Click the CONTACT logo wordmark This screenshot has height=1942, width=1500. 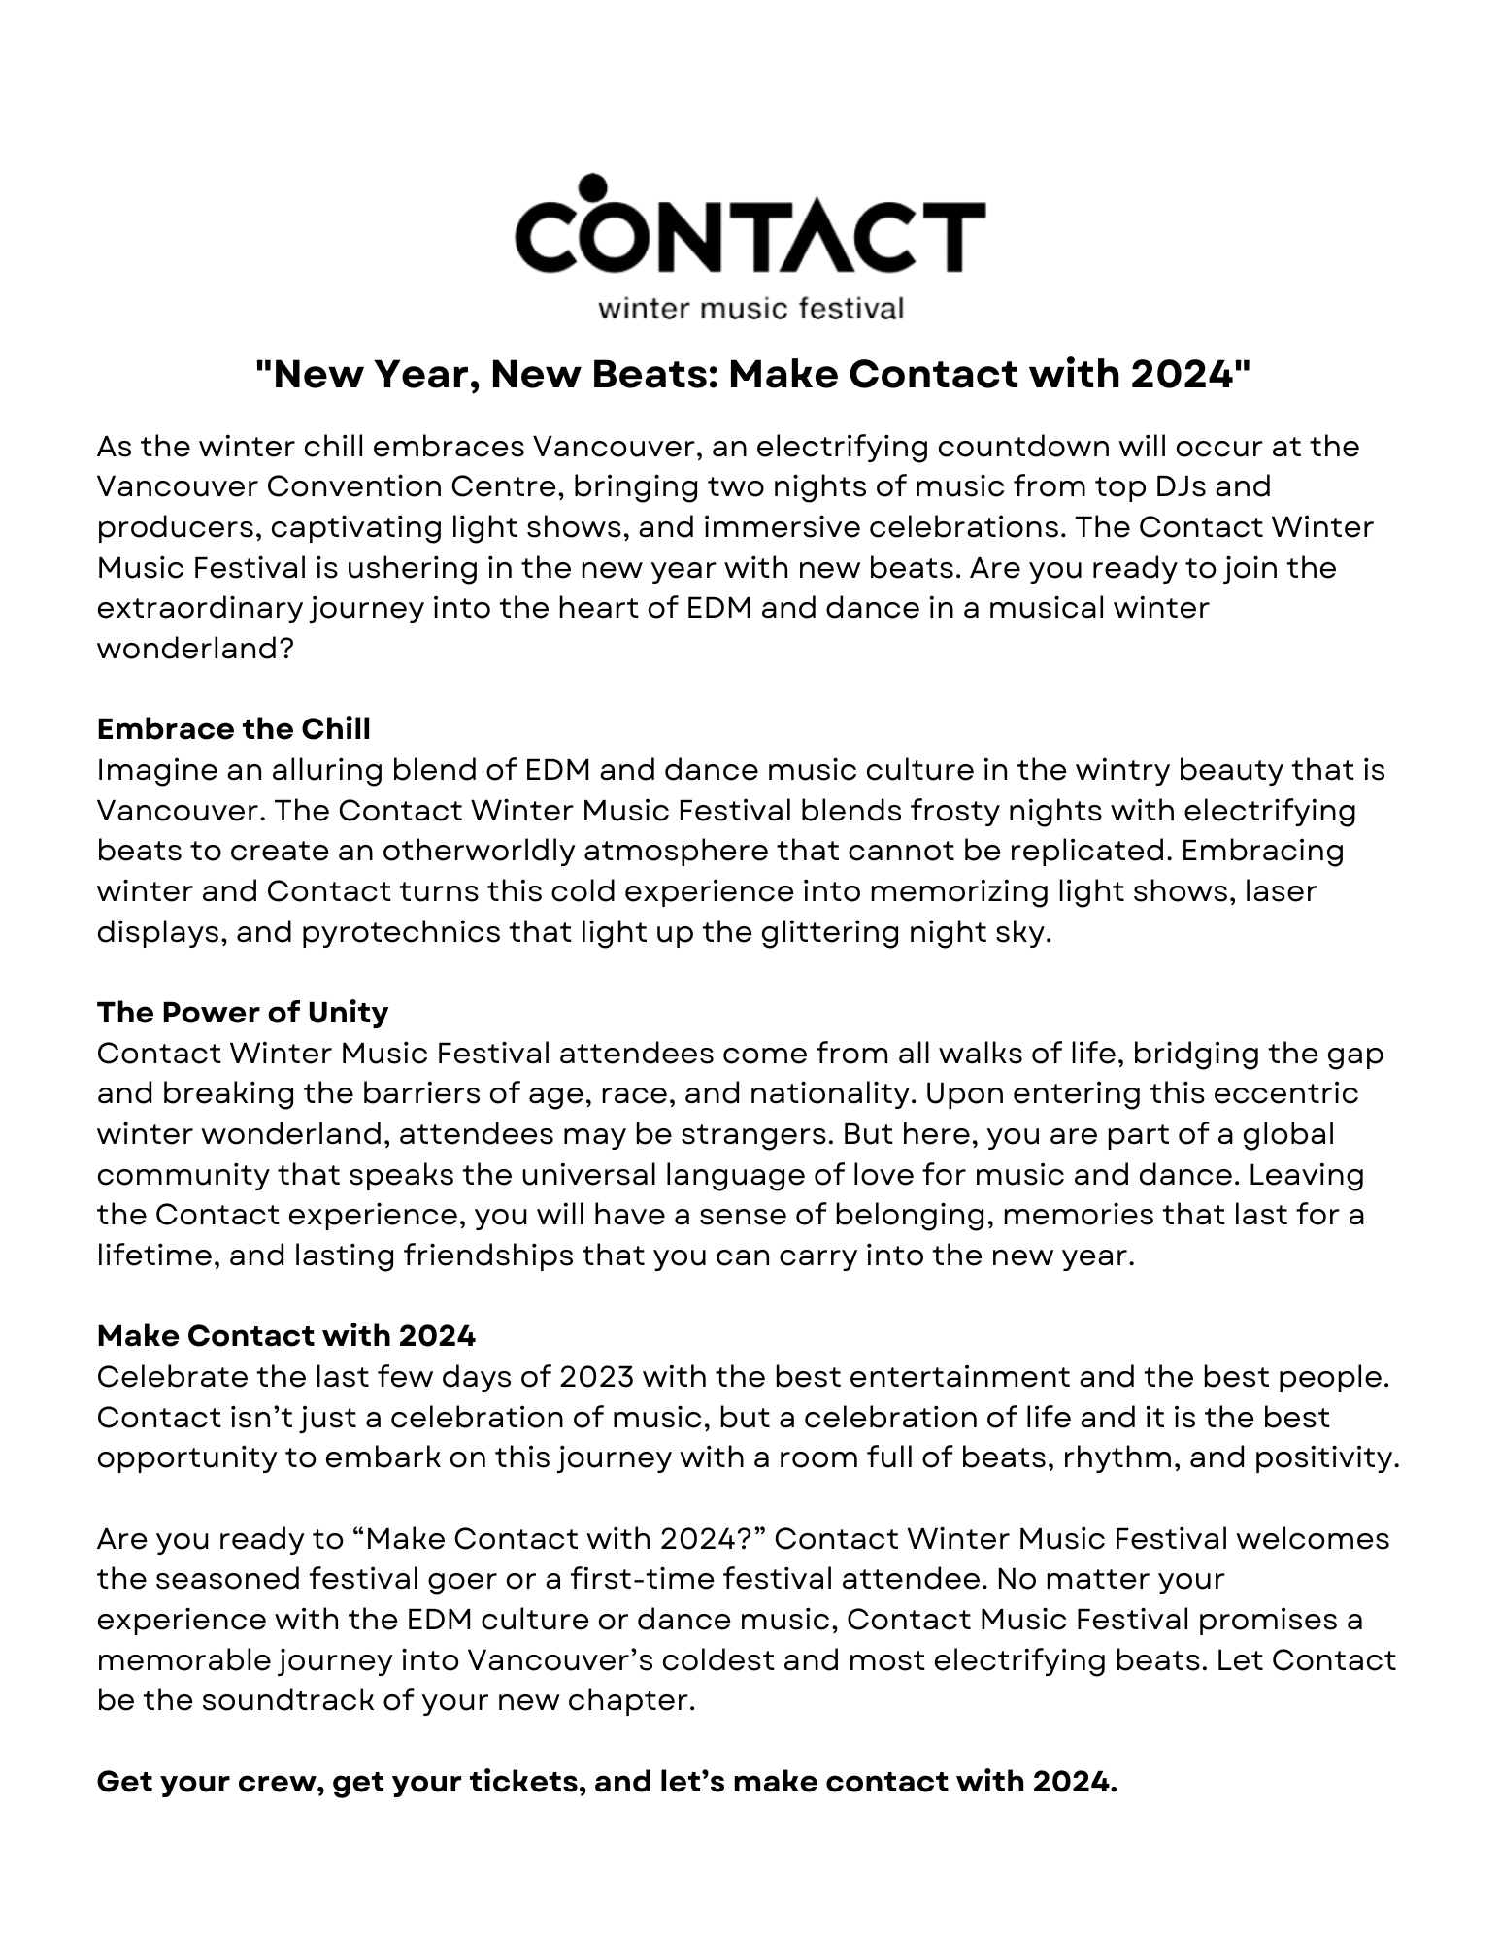[750, 234]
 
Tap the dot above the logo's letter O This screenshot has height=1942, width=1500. [591, 186]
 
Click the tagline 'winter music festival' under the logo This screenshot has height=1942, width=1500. [750, 309]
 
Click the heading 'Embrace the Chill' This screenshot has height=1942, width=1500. [234, 728]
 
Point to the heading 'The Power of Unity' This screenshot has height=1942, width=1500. [243, 1012]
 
